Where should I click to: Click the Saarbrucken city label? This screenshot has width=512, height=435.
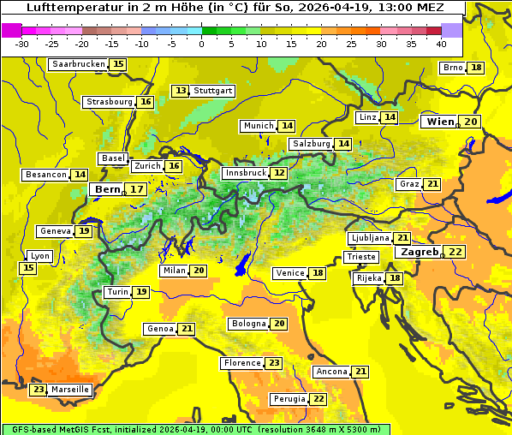78,64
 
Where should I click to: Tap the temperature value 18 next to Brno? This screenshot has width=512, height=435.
476,68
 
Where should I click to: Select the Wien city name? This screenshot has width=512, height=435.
441,122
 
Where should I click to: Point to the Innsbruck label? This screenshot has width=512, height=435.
245,173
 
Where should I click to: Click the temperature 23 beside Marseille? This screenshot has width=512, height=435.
39,390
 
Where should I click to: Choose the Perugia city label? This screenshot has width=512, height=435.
288,399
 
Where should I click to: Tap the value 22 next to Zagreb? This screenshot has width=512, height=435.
455,252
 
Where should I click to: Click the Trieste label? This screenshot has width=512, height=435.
360,257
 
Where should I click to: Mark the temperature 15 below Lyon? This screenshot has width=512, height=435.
28,268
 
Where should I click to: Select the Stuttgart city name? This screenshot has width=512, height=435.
213,91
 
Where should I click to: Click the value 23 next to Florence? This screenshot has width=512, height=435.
274,363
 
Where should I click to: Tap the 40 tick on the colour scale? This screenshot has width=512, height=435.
441,44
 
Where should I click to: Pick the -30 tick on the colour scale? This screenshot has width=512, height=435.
22,44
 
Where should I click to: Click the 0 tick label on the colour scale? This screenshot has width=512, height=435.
201,44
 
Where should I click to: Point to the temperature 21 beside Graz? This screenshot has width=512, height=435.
432,184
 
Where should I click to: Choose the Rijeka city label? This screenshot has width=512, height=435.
368,278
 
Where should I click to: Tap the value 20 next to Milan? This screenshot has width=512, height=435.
199,271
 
